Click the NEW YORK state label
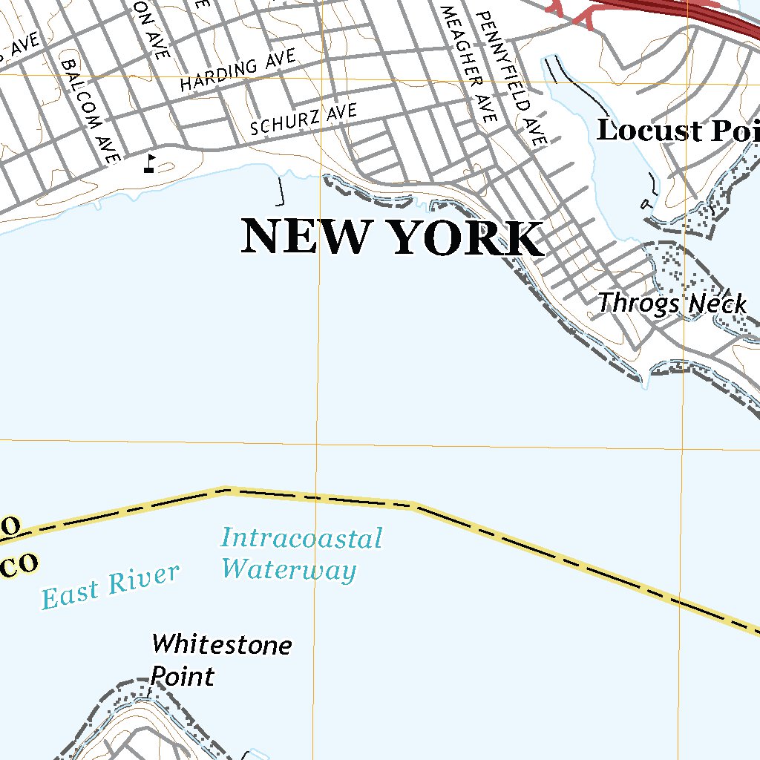coord(392,237)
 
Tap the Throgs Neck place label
coord(672,304)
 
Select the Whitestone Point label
coord(220,659)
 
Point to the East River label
coord(110,586)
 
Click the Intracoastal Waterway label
coord(301,554)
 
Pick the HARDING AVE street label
coord(237,71)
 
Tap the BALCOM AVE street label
coord(91,111)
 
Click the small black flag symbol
coord(151,163)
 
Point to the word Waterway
coord(289,570)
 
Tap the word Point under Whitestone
coord(183,676)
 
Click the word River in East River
coord(145,579)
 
